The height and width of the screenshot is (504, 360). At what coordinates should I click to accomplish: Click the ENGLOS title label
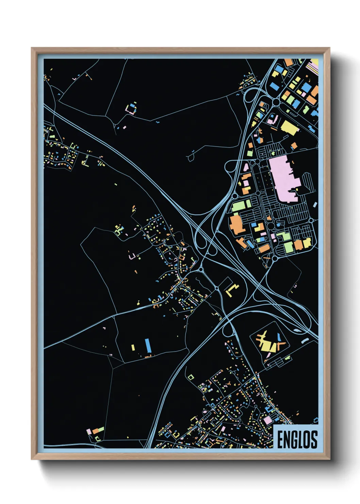click(x=297, y=439)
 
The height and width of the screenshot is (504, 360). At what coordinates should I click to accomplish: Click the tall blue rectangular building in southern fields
click(x=148, y=346)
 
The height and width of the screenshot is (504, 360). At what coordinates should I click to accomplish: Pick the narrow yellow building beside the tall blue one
click(x=133, y=347)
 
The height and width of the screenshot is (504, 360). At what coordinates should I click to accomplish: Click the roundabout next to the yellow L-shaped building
click(x=217, y=288)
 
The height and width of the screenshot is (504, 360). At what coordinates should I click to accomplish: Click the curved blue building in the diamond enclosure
click(x=279, y=337)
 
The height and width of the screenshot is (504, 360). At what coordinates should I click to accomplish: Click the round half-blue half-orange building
click(x=260, y=140)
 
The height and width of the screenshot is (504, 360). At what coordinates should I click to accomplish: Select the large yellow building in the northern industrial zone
click(x=289, y=127)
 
